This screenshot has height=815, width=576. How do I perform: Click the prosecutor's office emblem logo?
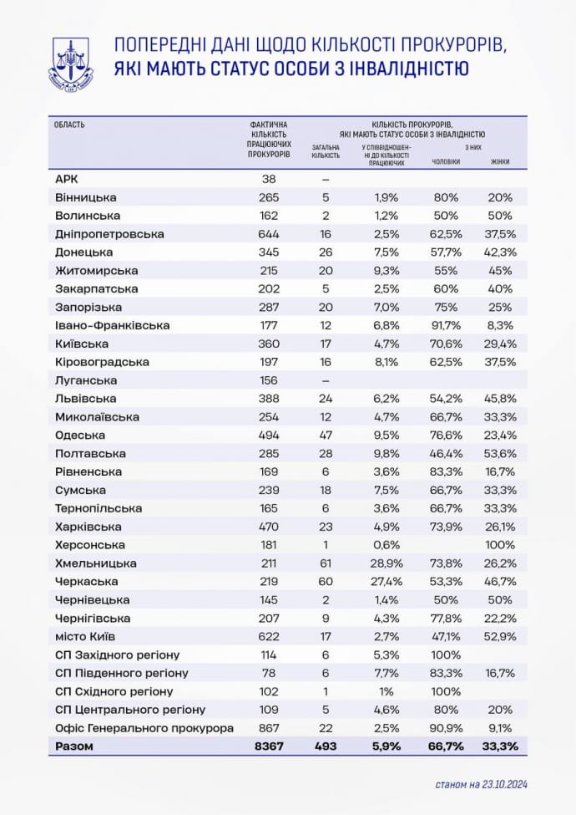(x=72, y=62)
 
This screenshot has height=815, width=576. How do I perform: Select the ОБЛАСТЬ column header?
(x=69, y=125)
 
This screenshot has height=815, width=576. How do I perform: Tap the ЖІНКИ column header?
(x=500, y=161)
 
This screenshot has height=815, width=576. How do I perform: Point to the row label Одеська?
(x=79, y=435)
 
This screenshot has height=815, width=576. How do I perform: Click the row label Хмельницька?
(x=95, y=563)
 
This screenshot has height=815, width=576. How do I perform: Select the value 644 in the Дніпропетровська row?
(x=269, y=234)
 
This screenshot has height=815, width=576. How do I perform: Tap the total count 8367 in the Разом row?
(x=269, y=746)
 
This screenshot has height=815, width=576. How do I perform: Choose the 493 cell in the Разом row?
(x=326, y=746)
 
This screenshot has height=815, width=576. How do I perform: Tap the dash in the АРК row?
(x=326, y=179)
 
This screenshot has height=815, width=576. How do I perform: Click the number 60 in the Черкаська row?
(x=326, y=581)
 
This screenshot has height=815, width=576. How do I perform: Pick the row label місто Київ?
(x=84, y=636)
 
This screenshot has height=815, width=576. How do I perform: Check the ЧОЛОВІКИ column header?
(x=445, y=161)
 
